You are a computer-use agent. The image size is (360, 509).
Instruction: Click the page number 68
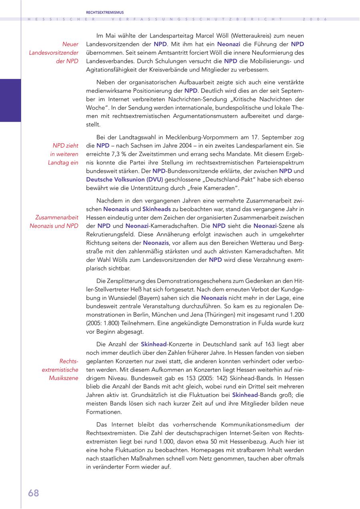point(34,493)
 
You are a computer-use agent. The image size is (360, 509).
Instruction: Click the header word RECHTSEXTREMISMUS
point(105,13)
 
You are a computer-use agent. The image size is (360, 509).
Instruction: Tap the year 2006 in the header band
point(315,19)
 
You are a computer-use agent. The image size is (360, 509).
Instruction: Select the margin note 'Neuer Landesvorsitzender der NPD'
point(54,52)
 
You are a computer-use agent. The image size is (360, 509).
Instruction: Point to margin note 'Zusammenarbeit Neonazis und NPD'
point(54,221)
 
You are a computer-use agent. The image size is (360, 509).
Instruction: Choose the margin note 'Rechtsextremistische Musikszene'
point(60,369)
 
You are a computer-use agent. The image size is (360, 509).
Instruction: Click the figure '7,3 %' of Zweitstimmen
point(121,154)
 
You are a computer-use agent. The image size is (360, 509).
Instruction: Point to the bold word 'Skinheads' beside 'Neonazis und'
point(156,209)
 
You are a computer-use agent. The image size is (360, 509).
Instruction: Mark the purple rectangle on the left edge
point(10,100)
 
